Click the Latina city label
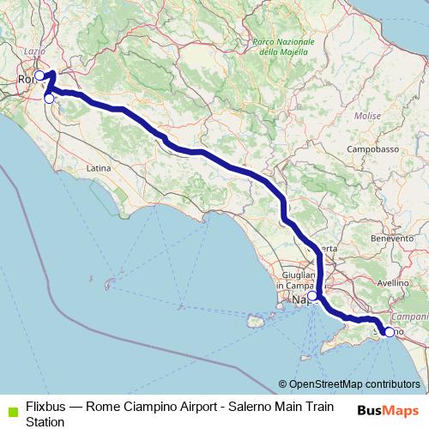pos(99,168)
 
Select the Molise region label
pos(367,115)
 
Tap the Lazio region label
pos(34,51)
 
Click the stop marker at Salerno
pos(389,332)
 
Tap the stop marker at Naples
pos(312,296)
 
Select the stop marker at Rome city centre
pos(39,76)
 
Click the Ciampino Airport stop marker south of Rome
pos(49,99)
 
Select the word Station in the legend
pos(45,422)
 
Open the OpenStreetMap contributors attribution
pos(353,385)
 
